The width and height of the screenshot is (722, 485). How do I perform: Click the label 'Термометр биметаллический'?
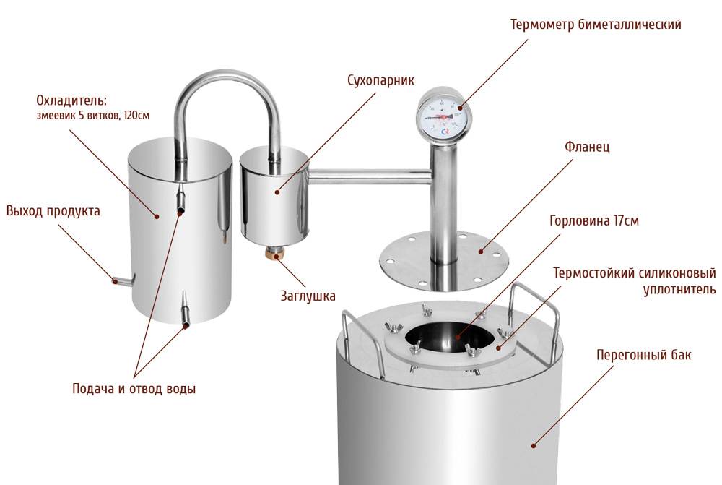[x=596, y=25]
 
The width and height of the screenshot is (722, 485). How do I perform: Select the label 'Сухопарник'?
[x=380, y=80]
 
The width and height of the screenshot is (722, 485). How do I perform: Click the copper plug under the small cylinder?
[x=277, y=254]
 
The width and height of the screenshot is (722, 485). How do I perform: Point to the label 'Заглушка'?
[x=308, y=296]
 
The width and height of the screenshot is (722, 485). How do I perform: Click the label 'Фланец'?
[x=587, y=147]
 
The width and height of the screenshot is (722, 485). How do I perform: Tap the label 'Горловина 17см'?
[x=594, y=221]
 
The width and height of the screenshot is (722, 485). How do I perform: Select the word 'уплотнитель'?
[x=679, y=290]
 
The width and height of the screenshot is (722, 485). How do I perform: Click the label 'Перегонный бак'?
[x=644, y=354]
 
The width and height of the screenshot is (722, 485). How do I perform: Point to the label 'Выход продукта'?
[x=53, y=211]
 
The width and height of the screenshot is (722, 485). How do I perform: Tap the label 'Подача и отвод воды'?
[x=134, y=389]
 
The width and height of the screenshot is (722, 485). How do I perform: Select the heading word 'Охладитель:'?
[x=71, y=100]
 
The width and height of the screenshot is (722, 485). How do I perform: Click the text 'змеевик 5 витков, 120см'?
[x=93, y=115]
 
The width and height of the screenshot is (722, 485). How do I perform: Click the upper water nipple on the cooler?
[x=180, y=199]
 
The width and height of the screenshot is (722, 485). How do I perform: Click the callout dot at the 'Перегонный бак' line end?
[x=534, y=445]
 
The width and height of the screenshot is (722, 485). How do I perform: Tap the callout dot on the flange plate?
[x=481, y=252]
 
